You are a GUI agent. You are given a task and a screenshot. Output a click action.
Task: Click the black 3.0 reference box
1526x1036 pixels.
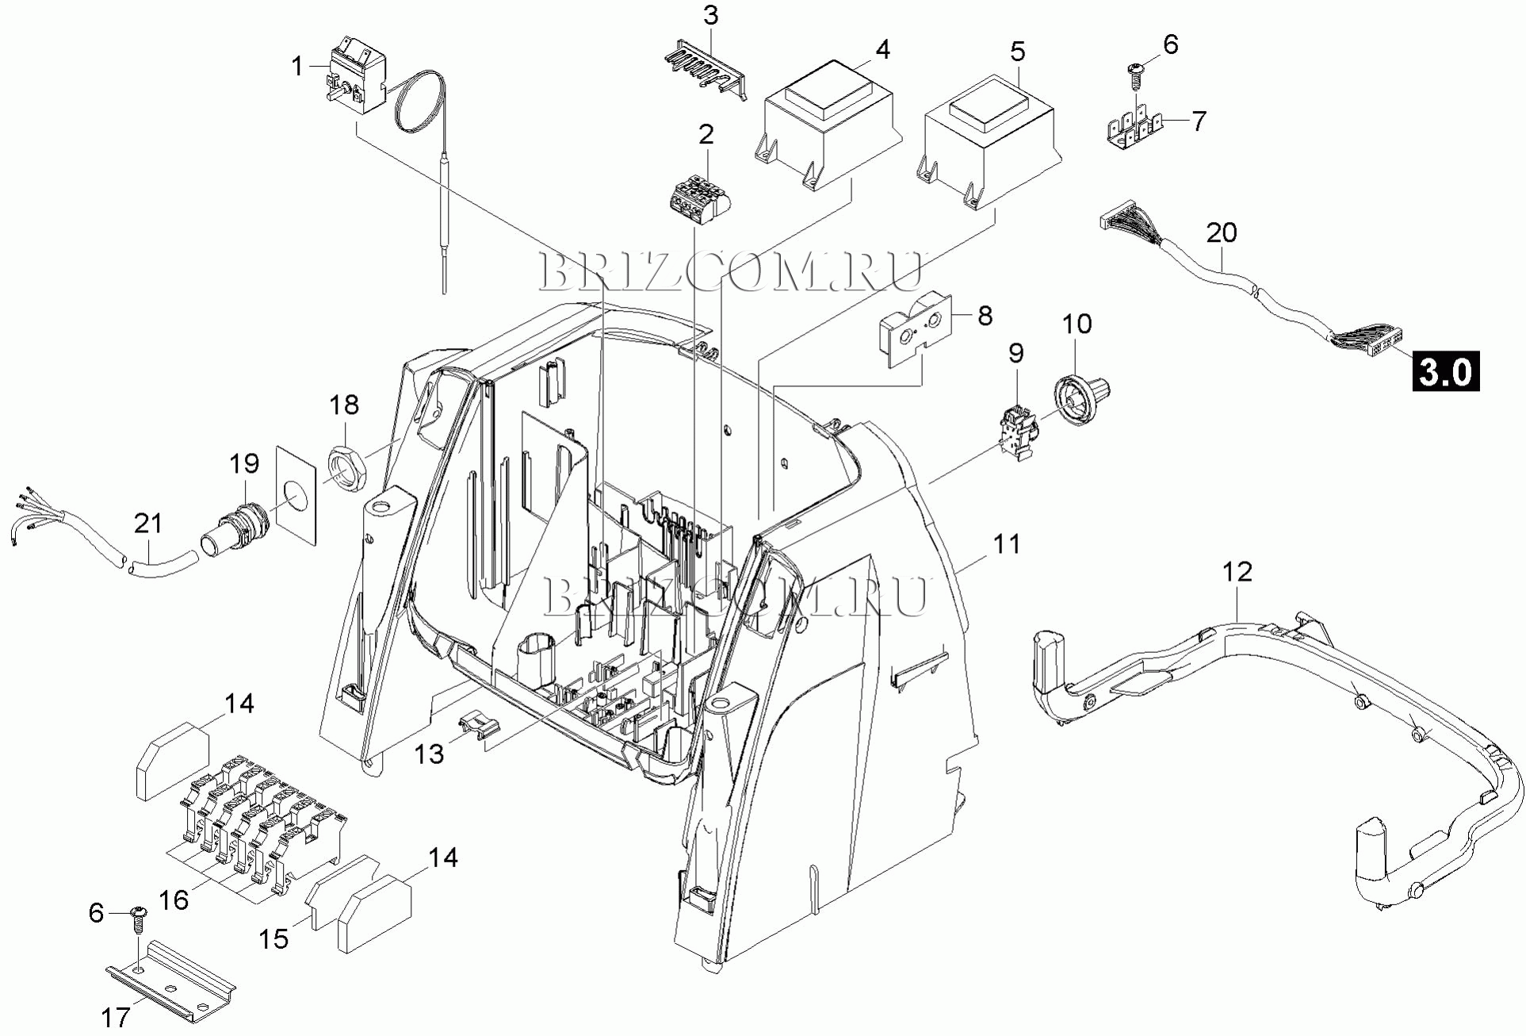coord(1444,371)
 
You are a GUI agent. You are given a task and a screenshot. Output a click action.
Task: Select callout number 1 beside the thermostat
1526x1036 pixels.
coord(297,66)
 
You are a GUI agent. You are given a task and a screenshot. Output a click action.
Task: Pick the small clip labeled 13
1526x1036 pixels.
coord(480,724)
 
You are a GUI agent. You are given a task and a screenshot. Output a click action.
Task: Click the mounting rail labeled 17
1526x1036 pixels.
coord(171,978)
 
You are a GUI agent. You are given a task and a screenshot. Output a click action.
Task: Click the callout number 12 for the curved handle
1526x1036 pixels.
coord(1237,571)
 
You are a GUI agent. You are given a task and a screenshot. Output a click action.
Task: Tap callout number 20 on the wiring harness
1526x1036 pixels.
coord(1222,233)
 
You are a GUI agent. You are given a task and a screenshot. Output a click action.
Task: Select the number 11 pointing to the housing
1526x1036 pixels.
coord(1007,544)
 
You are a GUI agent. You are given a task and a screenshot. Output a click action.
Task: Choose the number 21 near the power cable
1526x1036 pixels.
coord(148,524)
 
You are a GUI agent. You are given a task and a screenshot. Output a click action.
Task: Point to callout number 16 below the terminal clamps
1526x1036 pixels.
coord(174,900)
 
